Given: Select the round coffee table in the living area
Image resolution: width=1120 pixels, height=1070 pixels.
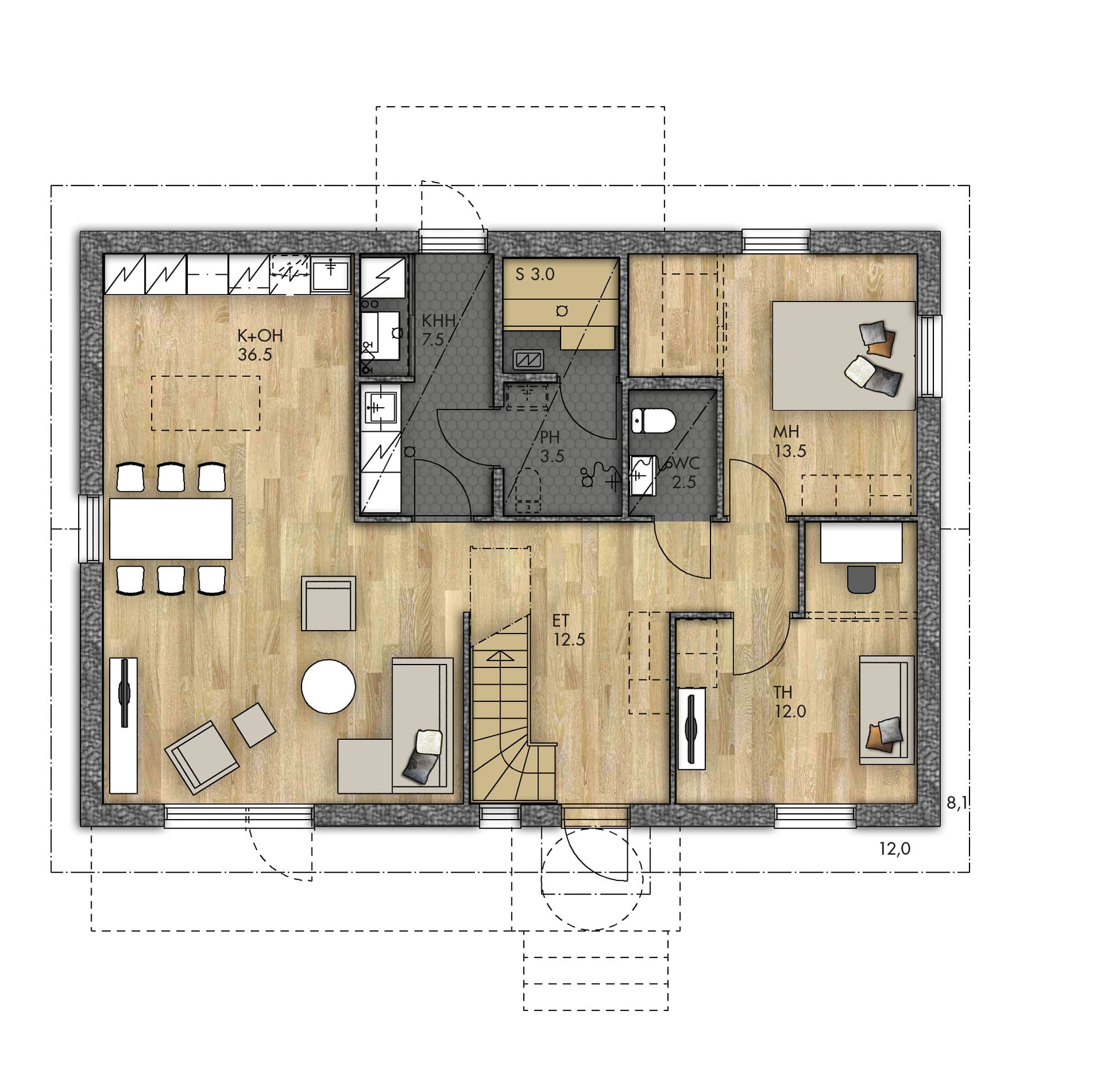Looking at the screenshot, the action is (x=328, y=686).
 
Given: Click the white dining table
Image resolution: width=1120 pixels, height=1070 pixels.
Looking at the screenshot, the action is (x=171, y=529).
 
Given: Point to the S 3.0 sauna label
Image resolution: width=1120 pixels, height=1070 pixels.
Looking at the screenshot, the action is (x=535, y=274).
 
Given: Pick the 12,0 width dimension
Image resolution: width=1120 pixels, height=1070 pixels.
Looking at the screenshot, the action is (x=895, y=849).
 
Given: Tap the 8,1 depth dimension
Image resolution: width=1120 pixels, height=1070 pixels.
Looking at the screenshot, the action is (x=957, y=803).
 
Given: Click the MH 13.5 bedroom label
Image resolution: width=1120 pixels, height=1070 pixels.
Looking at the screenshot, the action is (x=789, y=442).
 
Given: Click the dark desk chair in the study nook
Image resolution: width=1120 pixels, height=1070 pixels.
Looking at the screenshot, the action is (x=862, y=579).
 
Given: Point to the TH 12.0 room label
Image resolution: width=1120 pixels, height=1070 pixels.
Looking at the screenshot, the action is (x=790, y=702).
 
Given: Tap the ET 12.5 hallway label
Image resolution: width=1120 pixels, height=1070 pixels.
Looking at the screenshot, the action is (x=569, y=630).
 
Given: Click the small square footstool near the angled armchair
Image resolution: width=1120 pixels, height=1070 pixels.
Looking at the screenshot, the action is (x=254, y=725).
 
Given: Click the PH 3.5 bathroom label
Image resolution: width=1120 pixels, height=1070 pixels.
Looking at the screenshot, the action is (x=551, y=446).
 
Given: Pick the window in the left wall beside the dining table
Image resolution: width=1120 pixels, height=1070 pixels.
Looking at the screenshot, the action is (x=90, y=529).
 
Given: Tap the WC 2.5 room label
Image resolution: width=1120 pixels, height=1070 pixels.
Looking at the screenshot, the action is (x=684, y=473).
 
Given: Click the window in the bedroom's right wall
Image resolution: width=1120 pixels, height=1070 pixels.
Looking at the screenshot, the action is (x=930, y=356).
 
